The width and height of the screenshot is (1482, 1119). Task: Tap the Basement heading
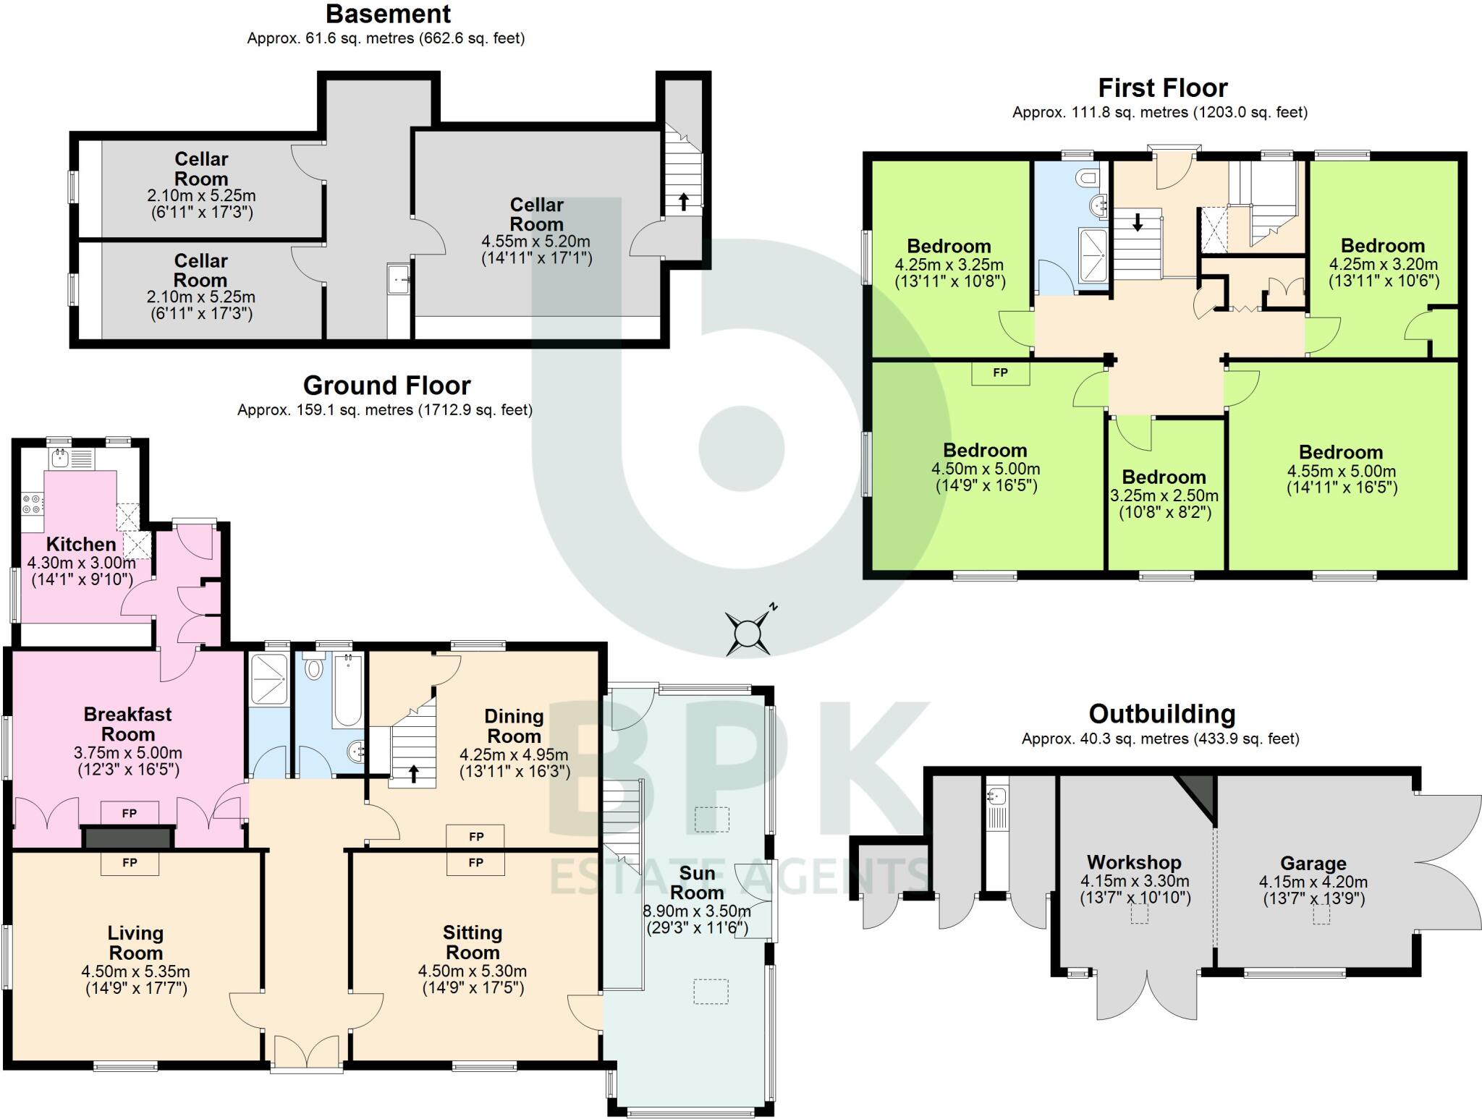[x=388, y=14]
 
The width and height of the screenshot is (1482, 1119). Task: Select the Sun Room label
[x=696, y=882]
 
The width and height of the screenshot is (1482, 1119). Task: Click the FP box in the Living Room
[x=130, y=863]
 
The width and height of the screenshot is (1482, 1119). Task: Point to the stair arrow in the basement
[x=683, y=201]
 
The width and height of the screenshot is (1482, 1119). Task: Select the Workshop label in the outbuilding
[x=1134, y=862]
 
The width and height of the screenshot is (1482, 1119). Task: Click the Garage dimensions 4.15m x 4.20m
[x=1313, y=882]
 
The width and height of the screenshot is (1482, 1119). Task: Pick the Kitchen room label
[x=81, y=544]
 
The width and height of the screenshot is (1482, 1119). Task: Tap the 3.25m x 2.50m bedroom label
[x=1164, y=495]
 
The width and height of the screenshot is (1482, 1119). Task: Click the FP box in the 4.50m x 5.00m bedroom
[x=1000, y=373]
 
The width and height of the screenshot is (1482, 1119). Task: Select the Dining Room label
[x=514, y=726]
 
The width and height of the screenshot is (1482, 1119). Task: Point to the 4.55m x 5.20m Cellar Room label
[x=536, y=214]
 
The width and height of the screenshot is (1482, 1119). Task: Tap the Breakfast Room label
[x=128, y=724]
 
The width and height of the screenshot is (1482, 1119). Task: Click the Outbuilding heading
[x=1161, y=714]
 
